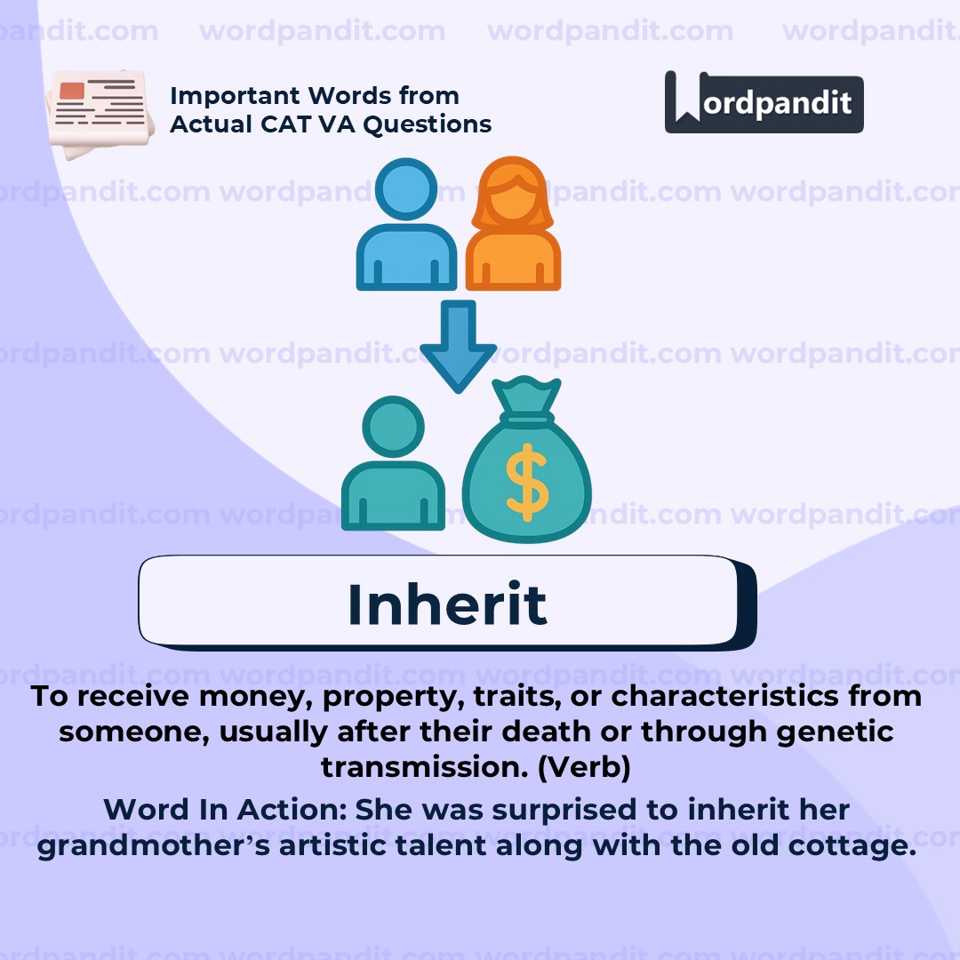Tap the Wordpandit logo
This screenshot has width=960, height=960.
(x=764, y=103)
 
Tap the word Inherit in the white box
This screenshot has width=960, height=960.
(x=446, y=604)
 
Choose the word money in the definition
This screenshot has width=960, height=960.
(x=252, y=696)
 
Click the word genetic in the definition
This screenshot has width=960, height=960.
(x=841, y=732)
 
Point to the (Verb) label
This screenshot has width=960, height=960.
(x=584, y=767)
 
